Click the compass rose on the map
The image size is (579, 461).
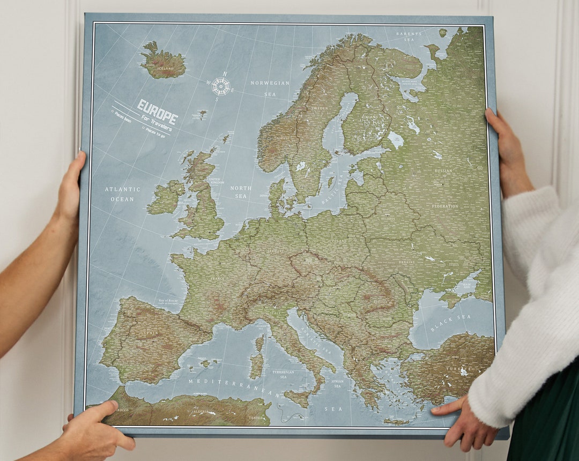(x=221, y=86)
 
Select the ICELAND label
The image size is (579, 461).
(x=166, y=69)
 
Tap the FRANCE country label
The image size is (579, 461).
(x=217, y=279)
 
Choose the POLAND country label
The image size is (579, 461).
(x=339, y=241)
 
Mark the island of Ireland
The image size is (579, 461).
(x=166, y=197)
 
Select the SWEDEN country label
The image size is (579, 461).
(x=320, y=108)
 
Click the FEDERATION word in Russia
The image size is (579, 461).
(x=445, y=206)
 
